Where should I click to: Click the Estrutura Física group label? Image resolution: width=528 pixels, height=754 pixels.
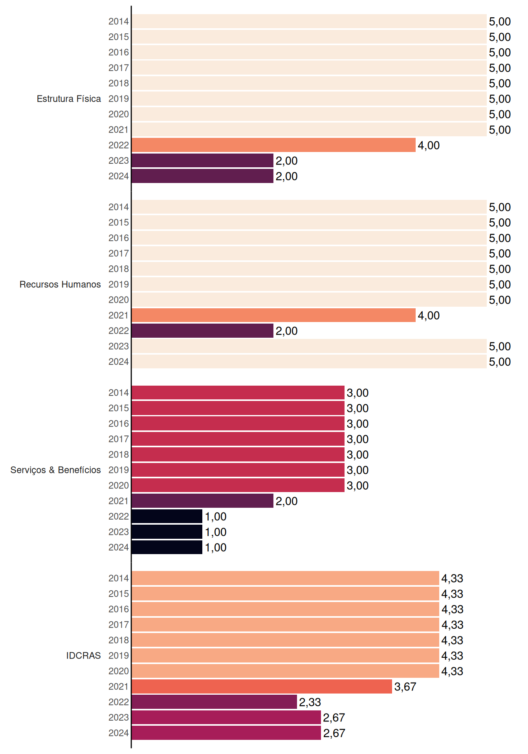click(x=69, y=99)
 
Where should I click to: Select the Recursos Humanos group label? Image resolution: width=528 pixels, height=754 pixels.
click(x=60, y=284)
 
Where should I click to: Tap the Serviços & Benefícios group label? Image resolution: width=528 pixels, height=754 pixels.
click(x=55, y=470)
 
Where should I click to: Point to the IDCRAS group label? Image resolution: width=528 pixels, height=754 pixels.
click(x=83, y=655)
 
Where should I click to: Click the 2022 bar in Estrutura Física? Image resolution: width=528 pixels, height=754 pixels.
click(x=273, y=145)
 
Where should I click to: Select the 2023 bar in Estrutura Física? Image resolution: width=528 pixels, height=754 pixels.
click(x=202, y=161)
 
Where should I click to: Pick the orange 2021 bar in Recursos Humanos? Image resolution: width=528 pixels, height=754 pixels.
click(x=273, y=315)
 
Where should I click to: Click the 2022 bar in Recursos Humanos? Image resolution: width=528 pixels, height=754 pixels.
click(x=202, y=331)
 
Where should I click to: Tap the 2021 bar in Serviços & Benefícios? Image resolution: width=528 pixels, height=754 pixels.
click(x=202, y=501)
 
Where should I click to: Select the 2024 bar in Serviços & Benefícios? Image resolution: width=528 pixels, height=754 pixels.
click(x=167, y=547)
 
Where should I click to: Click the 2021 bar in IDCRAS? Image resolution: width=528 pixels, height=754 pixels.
click(x=262, y=686)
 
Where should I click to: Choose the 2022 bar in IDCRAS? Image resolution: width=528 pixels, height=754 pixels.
click(x=214, y=702)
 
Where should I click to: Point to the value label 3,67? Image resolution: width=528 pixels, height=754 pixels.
click(x=405, y=687)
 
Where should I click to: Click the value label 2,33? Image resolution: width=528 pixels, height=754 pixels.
click(x=310, y=702)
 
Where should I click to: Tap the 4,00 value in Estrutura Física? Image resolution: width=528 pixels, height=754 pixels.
click(x=429, y=145)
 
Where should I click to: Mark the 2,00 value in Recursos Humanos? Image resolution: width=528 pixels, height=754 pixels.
click(x=286, y=331)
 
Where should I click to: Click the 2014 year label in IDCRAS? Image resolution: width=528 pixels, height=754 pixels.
click(x=119, y=578)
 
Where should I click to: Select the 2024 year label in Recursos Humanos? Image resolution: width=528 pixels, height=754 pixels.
click(x=119, y=362)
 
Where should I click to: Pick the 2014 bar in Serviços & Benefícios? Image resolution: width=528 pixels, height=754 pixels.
click(x=238, y=392)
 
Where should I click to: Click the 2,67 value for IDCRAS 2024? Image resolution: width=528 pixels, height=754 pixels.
click(x=334, y=733)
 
